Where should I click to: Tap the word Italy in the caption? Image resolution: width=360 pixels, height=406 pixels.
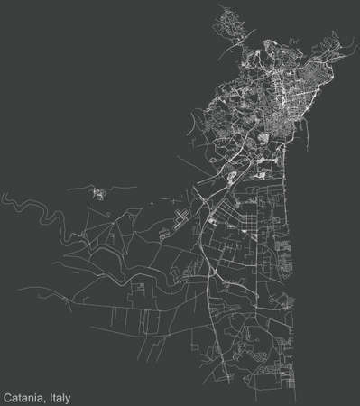(57, 396)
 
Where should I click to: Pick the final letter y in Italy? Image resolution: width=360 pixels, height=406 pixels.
(68, 397)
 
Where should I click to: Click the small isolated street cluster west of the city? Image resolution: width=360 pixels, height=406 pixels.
(97, 191)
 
